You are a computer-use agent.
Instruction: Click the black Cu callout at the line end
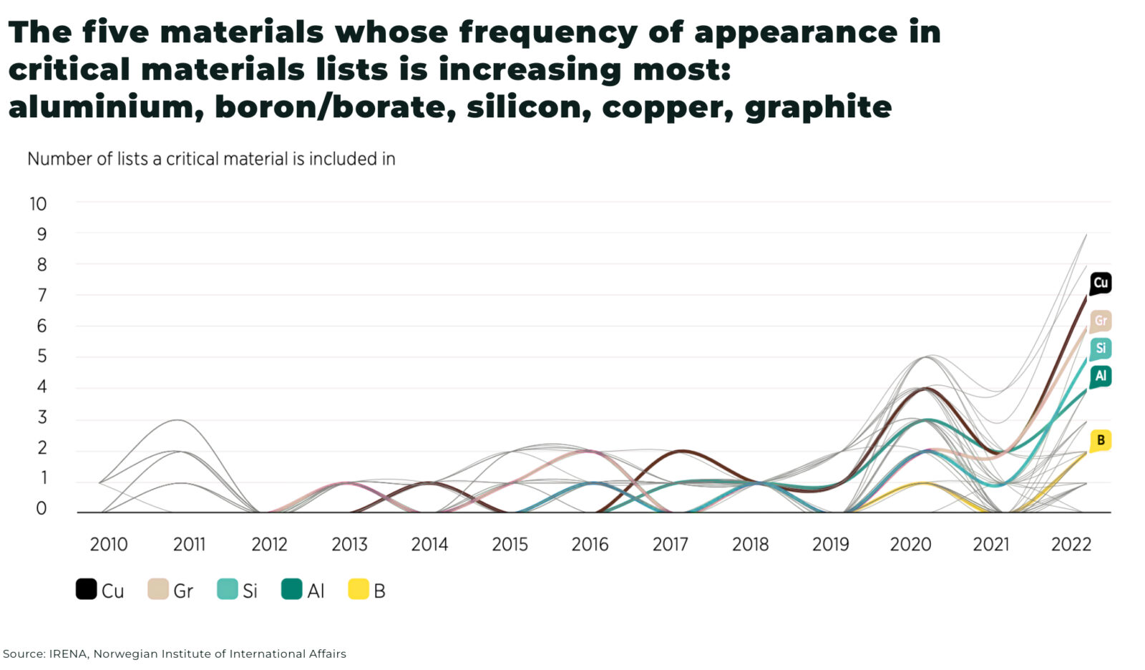point(1100,283)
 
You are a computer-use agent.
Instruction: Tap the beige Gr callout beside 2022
point(1100,321)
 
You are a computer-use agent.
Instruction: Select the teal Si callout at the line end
point(1100,349)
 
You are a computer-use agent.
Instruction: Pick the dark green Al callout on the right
point(1100,376)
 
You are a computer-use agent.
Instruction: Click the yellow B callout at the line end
point(1100,440)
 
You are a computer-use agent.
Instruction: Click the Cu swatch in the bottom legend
point(86,589)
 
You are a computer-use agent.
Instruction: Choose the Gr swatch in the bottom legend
point(157,589)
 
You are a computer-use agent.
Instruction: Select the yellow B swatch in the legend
point(358,589)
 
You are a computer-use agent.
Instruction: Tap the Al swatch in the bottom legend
point(291,589)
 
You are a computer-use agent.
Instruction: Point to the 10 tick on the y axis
point(38,204)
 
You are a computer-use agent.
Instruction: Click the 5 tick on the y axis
point(42,356)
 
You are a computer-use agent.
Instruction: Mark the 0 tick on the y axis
point(42,508)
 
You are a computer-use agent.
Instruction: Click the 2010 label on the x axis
point(109,545)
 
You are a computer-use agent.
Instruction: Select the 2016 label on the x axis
point(590,545)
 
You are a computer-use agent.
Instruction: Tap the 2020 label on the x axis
point(910,545)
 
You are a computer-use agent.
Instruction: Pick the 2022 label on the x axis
point(1071,545)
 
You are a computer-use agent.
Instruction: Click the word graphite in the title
point(818,107)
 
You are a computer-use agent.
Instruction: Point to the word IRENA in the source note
point(69,654)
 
